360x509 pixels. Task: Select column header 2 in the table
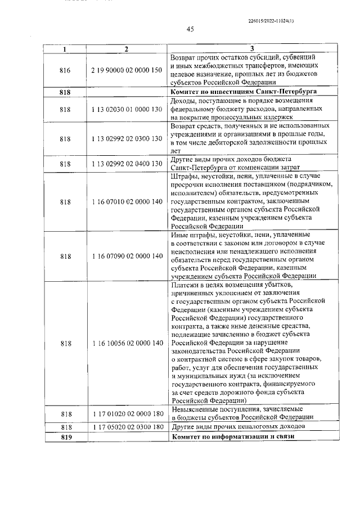tap(126, 49)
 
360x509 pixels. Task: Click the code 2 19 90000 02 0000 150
tap(126, 70)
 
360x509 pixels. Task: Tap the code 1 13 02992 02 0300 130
tap(126, 138)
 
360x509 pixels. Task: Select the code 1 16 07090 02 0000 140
tap(126, 256)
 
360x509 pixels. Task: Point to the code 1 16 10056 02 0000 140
tap(126, 343)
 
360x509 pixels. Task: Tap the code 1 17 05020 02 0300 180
tap(126, 427)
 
